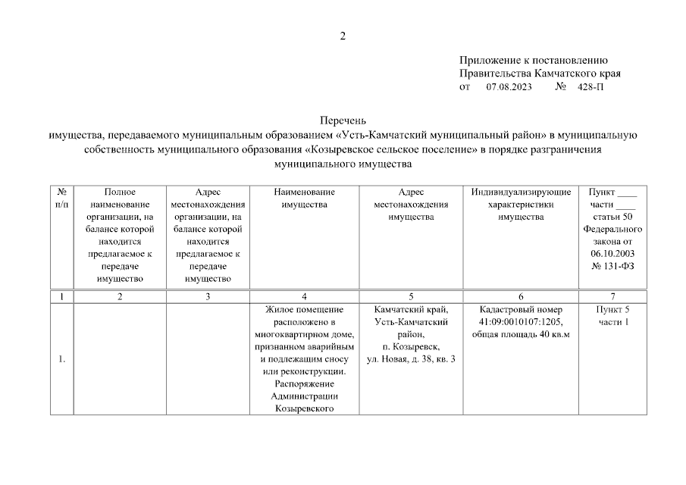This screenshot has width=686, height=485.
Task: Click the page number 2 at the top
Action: pos(343,36)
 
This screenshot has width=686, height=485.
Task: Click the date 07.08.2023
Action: pos(509,87)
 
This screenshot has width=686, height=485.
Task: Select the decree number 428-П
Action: pos(591,87)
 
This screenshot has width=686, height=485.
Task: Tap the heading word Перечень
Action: pos(343,120)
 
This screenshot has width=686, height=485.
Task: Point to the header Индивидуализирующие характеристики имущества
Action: pos(521,205)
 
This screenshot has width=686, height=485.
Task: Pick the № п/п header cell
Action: pos(61,199)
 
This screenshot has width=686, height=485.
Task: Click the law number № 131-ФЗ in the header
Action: pos(612,265)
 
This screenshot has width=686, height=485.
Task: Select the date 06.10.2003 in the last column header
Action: pos(612,253)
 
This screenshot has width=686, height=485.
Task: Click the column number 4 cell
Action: pos(304,296)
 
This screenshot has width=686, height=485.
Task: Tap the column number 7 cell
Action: pos(612,296)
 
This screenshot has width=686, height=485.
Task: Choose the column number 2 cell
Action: pos(120,296)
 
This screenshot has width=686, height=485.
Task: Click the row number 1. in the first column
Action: pos(61,359)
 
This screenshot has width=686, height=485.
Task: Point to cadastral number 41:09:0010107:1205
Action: pos(521,322)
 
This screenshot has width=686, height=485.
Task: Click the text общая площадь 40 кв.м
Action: pos(521,334)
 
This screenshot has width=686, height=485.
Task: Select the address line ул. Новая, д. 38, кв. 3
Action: pos(411,359)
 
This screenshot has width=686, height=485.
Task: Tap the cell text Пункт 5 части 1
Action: pos(612,316)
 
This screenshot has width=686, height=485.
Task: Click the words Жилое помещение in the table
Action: pos(304,309)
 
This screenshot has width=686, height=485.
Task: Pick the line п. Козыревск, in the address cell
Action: pos(411,346)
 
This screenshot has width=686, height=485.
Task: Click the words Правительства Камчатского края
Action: pos(540,74)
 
